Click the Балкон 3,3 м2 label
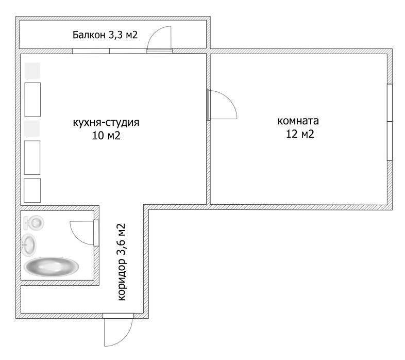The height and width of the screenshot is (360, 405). [x=105, y=36]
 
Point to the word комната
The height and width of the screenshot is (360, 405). [x=298, y=122]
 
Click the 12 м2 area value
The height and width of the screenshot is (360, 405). [x=299, y=135]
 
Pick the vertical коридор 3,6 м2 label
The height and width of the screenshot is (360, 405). [x=122, y=261]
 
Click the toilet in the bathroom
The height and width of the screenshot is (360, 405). [x=34, y=223]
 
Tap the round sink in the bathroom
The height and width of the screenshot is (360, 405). [x=29, y=244]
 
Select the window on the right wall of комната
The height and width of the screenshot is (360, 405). [x=390, y=122]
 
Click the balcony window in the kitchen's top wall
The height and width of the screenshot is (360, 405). [x=109, y=51]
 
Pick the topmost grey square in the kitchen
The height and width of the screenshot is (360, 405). [x=32, y=71]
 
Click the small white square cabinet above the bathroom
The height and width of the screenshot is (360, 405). [x=32, y=190]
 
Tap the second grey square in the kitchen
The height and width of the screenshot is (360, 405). [x=32, y=129]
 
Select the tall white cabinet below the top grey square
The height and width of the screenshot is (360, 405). [x=32, y=99]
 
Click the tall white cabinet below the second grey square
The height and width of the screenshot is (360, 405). [x=32, y=157]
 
